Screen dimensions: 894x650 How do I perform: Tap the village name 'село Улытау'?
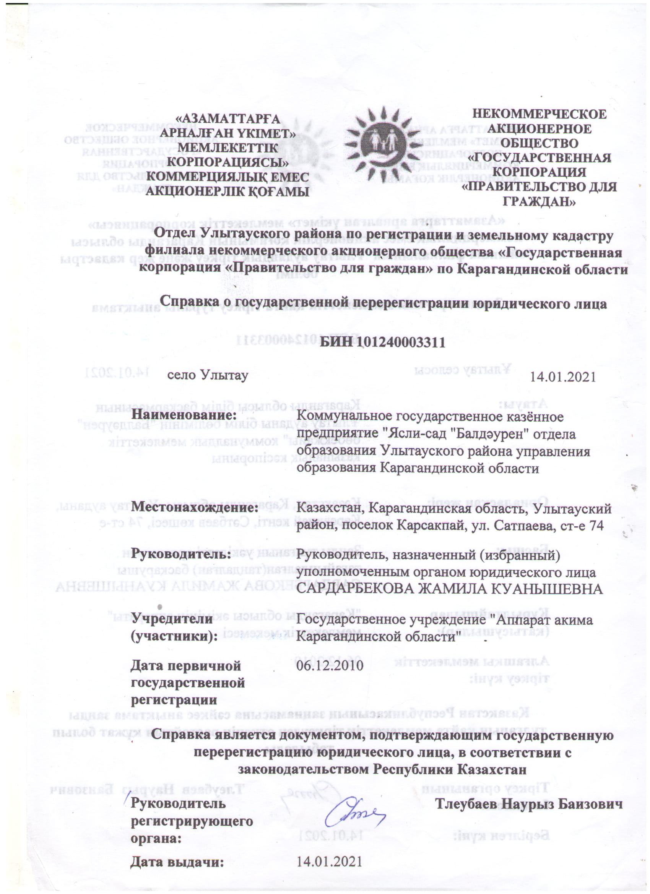point(208,375)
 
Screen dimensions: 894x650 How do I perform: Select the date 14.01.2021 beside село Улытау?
point(562,377)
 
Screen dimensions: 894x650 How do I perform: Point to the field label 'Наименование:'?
point(184,415)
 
